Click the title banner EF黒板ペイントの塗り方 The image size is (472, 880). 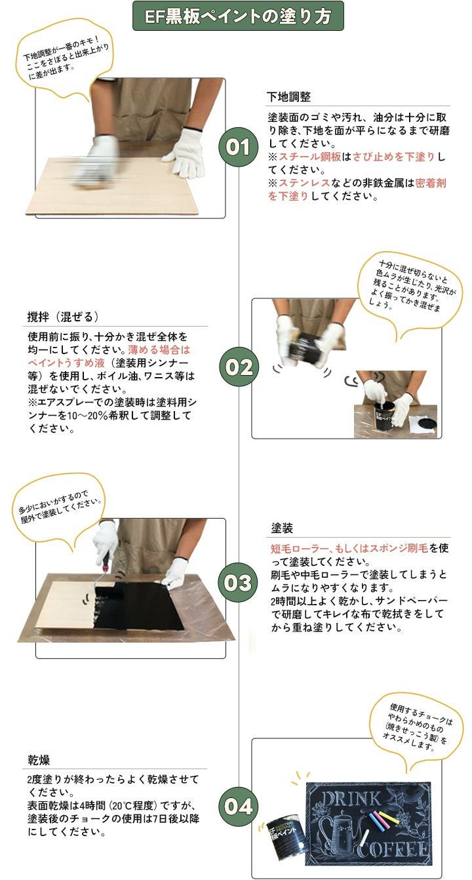click(238, 16)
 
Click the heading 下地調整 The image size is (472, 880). click(288, 97)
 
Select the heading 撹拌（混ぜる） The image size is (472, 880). click(63, 317)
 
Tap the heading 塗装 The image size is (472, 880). click(282, 528)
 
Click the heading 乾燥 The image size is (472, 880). click(39, 759)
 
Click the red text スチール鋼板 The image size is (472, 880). click(306, 157)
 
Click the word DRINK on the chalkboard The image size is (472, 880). click(351, 798)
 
